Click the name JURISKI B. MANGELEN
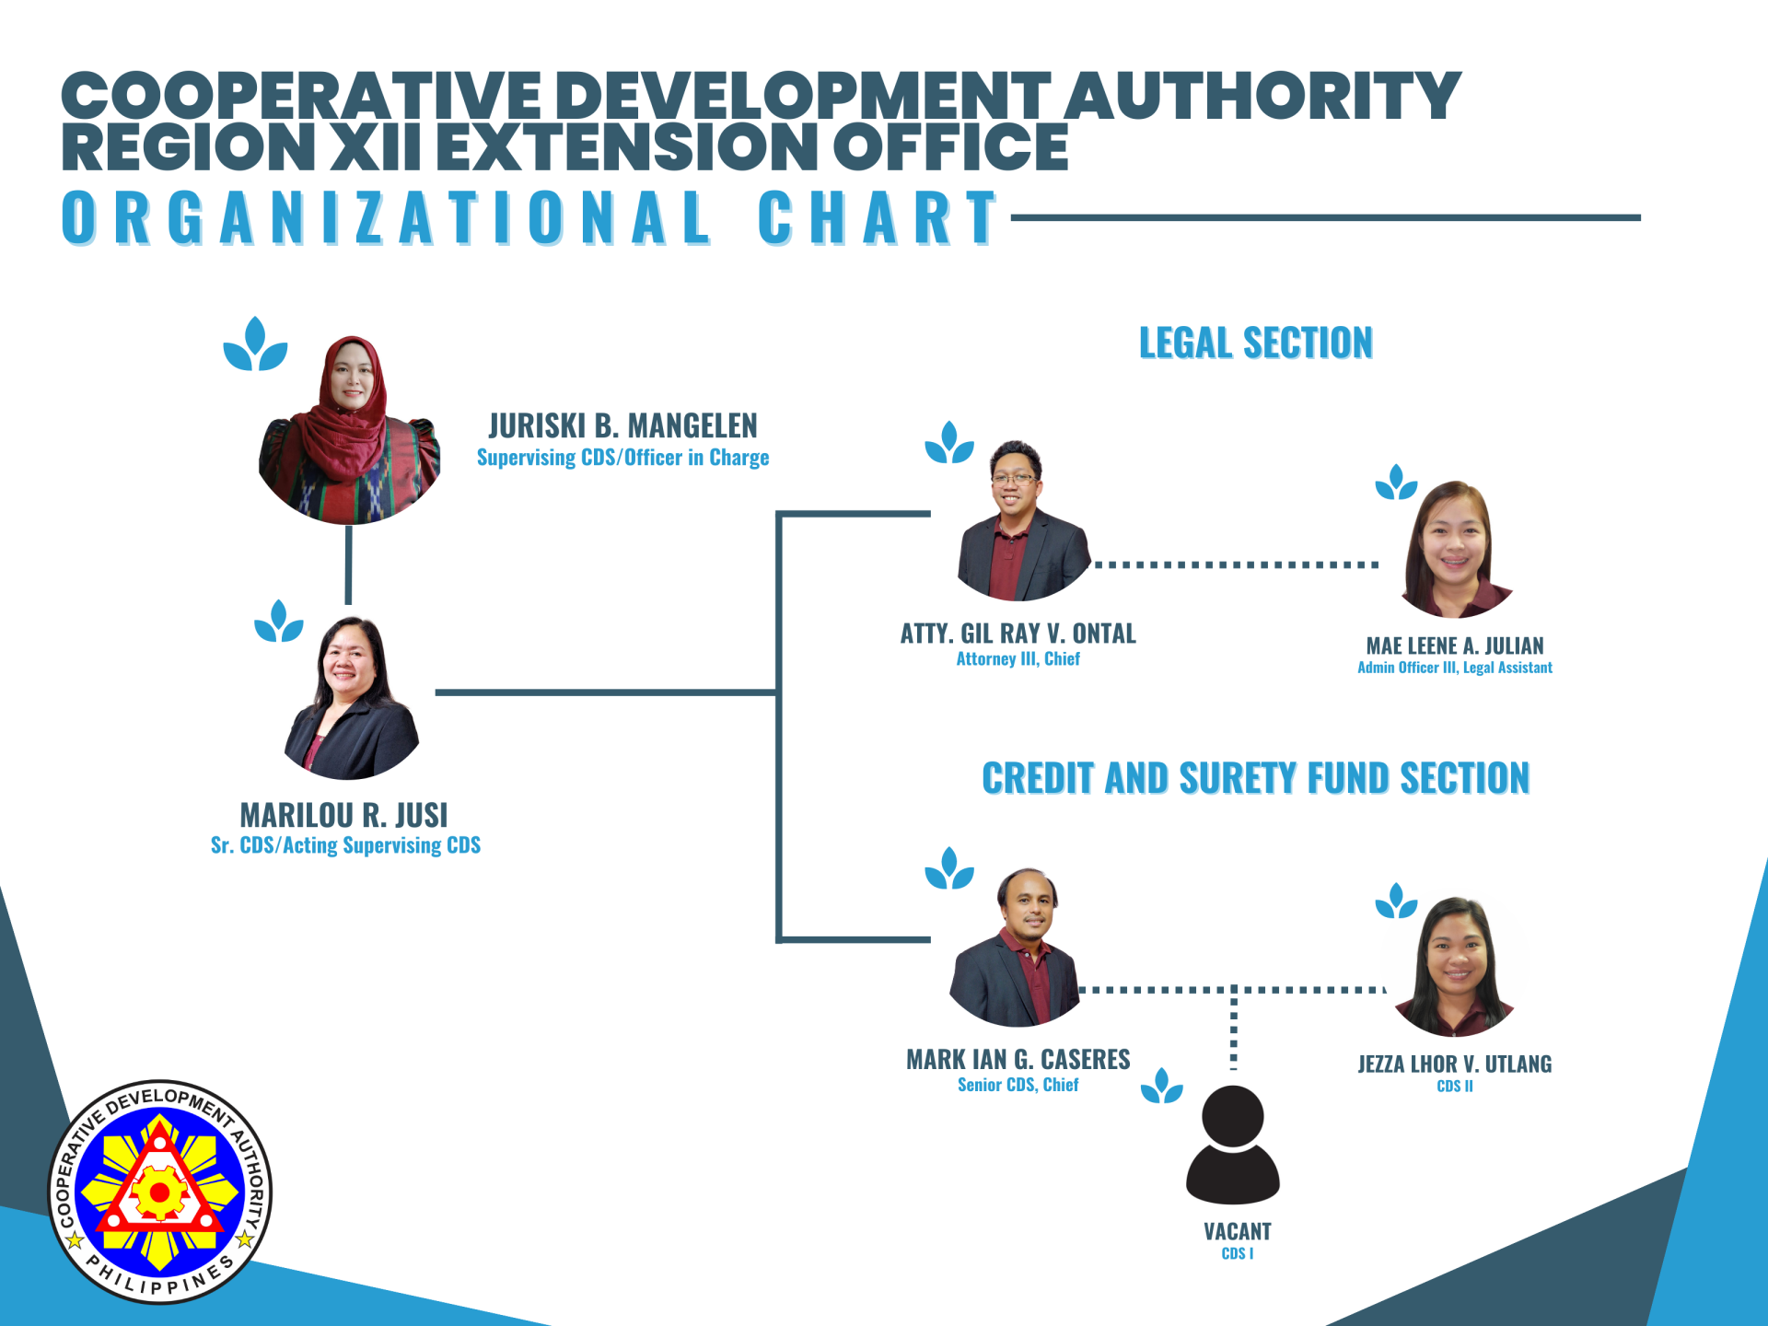click(622, 425)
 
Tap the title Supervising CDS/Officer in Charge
click(622, 458)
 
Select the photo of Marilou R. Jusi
click(351, 698)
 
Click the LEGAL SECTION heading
click(1256, 343)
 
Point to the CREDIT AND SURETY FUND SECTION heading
click(1256, 778)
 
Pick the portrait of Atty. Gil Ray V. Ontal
click(1022, 520)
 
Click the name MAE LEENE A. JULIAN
click(1455, 646)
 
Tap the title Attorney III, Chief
click(1018, 658)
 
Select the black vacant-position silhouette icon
click(1233, 1145)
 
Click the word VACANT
click(1238, 1231)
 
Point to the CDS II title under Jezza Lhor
click(1455, 1087)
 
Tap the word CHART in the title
click(878, 218)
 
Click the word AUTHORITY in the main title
click(1262, 96)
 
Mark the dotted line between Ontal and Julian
click(1236, 564)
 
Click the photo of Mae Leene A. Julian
click(1455, 549)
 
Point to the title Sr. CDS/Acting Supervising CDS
click(345, 845)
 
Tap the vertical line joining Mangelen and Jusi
click(348, 564)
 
